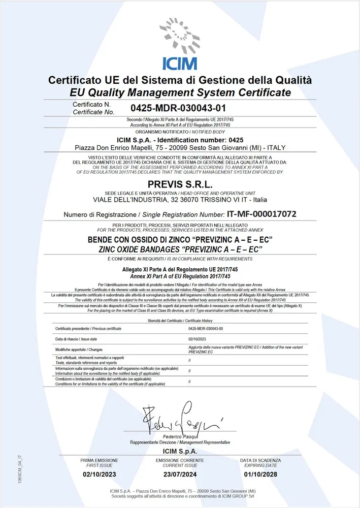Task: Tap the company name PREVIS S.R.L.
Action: click(x=180, y=183)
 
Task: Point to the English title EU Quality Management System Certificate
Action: click(x=180, y=92)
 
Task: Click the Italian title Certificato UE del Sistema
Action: click(x=180, y=80)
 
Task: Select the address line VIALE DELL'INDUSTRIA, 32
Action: click(x=180, y=200)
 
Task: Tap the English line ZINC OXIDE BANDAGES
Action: click(x=180, y=249)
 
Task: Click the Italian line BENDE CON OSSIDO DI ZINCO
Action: click(x=180, y=240)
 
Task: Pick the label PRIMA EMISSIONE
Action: click(x=99, y=460)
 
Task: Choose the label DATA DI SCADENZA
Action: click(x=260, y=460)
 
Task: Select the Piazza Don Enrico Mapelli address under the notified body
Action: click(x=180, y=147)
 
